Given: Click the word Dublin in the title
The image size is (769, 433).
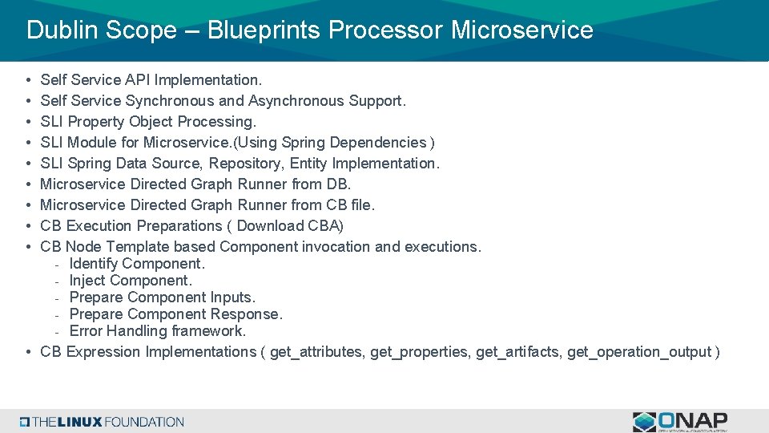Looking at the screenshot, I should tap(58, 30).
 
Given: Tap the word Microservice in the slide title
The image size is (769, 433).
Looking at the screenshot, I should tap(522, 30).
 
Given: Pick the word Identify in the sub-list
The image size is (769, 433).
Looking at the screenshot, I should tap(94, 264).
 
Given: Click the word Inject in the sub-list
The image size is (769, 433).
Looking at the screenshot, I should tap(87, 281).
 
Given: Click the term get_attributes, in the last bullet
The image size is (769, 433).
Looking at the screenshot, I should tap(316, 352).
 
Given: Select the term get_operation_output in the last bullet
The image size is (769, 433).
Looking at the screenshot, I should tap(639, 352).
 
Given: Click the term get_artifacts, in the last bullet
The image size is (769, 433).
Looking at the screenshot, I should tap(519, 352).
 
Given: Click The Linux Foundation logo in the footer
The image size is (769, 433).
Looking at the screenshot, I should tap(103, 422).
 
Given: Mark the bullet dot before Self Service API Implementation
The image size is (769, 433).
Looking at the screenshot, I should tap(28, 80).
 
